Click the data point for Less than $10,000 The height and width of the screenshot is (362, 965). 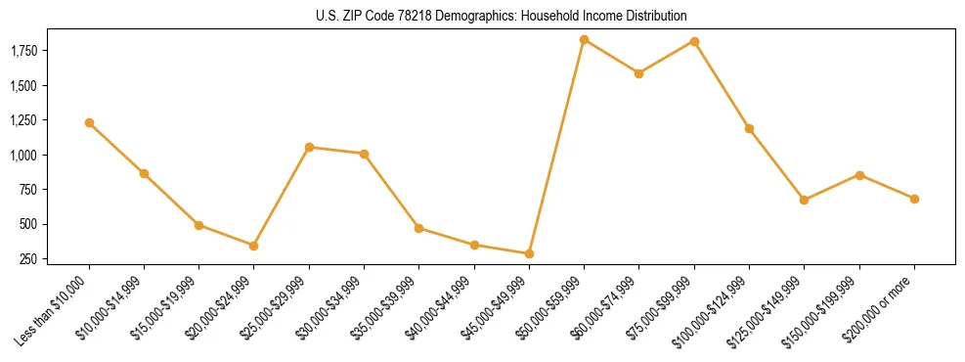tap(89, 122)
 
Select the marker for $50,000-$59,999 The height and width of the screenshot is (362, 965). tap(584, 40)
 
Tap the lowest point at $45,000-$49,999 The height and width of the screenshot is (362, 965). tap(529, 253)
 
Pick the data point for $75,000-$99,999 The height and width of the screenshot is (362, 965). tap(694, 41)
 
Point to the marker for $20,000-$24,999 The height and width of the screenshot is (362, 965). tap(254, 246)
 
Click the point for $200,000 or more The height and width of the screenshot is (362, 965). tap(914, 199)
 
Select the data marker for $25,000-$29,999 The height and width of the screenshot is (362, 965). tap(309, 147)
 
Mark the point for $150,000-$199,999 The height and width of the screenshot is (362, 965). tap(859, 175)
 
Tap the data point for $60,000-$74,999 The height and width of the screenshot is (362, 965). tap(638, 73)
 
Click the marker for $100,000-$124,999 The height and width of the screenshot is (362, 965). tap(749, 128)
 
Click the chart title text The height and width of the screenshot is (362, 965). tap(502, 16)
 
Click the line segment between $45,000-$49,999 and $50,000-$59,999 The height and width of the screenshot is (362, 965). tap(556, 147)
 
